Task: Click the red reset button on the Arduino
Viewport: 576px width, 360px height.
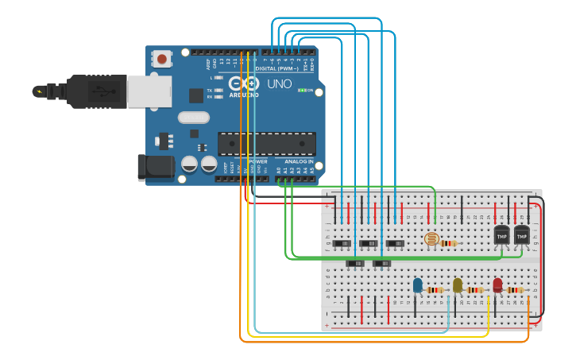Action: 162,58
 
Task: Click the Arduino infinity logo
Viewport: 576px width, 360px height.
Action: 244,83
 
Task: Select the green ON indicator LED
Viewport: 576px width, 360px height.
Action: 302,90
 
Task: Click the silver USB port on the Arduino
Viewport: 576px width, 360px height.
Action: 149,91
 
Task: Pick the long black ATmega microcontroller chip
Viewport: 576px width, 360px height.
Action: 266,144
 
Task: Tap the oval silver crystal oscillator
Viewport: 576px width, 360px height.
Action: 193,118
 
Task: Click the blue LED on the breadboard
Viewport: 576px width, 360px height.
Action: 417,285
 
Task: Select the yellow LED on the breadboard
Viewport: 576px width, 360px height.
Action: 457,285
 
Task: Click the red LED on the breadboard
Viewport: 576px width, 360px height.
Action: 497,285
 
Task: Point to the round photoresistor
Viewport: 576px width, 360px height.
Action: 431,238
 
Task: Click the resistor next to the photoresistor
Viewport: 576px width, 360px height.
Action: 450,243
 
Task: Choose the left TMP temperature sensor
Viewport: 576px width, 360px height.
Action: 501,235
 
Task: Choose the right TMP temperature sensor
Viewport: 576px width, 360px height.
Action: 521,235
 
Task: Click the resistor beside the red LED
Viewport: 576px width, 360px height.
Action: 516,290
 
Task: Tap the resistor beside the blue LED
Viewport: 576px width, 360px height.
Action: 435,290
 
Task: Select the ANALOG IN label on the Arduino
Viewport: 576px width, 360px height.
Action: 299,161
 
